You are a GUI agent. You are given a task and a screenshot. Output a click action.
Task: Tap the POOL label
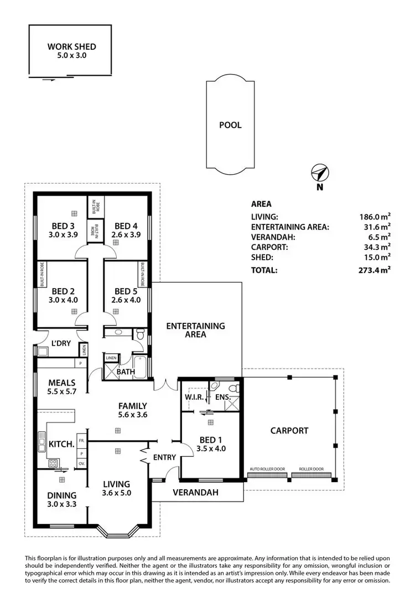pos(230,125)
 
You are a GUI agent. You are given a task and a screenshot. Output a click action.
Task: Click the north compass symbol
pos(319,173)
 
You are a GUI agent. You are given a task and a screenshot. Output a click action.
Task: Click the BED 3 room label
pos(64,226)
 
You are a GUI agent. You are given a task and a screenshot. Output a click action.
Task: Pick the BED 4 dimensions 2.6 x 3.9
pos(126,234)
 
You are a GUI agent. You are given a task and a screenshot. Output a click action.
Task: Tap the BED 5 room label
pos(127,291)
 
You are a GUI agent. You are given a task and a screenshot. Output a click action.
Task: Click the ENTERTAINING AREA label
pos(195,330)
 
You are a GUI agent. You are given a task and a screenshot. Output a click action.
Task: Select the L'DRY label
pos(61,343)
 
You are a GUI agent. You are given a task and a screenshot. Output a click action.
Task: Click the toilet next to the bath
pos(140,334)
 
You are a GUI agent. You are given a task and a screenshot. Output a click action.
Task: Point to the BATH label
pos(126,372)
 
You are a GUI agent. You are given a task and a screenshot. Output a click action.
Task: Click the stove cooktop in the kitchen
pos(54,463)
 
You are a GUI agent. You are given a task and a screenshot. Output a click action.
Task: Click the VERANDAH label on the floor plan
pos(195,492)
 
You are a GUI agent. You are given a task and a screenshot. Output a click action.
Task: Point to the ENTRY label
pos(164,457)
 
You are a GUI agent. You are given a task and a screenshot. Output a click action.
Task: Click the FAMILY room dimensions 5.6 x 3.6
pos(132,415)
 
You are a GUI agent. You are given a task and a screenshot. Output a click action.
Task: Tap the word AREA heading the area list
pos(261,203)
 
